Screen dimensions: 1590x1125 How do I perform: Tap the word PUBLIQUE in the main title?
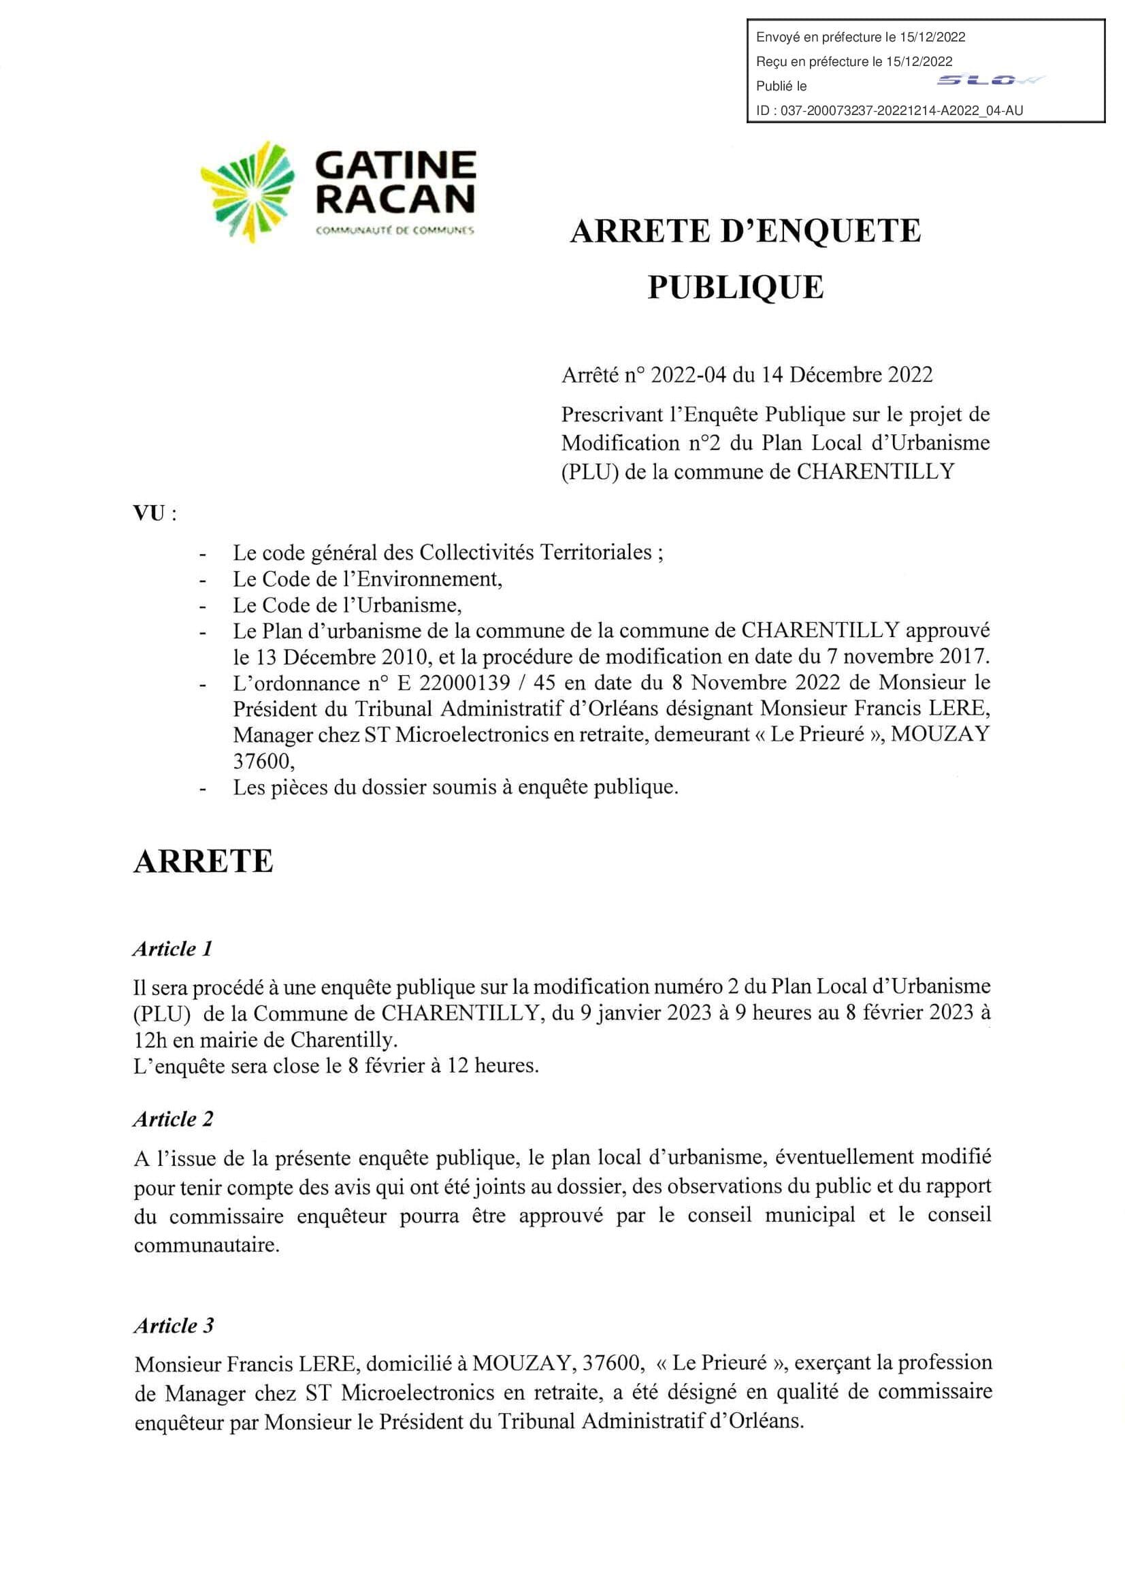coord(735,287)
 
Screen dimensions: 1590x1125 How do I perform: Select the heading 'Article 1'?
coord(172,948)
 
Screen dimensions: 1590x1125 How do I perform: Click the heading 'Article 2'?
coord(173,1119)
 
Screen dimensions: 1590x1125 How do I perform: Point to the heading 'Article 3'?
coord(174,1325)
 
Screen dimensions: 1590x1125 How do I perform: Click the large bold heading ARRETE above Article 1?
coord(203,861)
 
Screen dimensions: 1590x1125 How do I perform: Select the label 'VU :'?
coord(154,514)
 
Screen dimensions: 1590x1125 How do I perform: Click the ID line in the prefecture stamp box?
coord(890,110)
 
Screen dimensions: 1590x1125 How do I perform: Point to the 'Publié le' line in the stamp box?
coord(781,86)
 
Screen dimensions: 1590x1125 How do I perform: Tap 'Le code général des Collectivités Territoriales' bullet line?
coord(448,552)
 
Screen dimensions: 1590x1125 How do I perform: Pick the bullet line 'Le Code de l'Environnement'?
coord(367,579)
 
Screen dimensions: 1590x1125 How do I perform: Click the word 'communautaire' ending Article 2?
coord(207,1245)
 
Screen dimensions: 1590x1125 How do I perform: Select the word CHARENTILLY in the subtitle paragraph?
coord(875,471)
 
